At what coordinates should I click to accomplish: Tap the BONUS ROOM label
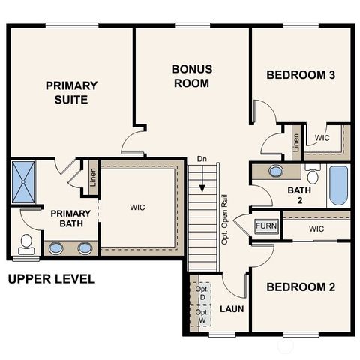tap(192, 76)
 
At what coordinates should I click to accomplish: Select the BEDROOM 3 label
tap(301, 75)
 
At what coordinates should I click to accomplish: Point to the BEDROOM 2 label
tap(301, 286)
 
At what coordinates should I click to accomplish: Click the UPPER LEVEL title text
tap(51, 280)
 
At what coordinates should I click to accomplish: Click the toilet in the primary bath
tap(25, 243)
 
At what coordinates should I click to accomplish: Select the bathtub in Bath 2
tap(338, 186)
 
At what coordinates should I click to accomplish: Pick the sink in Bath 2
tap(276, 171)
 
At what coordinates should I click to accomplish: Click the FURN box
tap(265, 226)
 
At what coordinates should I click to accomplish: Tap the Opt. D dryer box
tap(201, 293)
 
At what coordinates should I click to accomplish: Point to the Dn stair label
tap(201, 160)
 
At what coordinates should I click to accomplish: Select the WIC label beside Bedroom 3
tap(322, 138)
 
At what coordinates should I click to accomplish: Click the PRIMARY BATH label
tap(70, 219)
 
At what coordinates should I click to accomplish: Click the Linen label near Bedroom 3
tap(296, 142)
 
